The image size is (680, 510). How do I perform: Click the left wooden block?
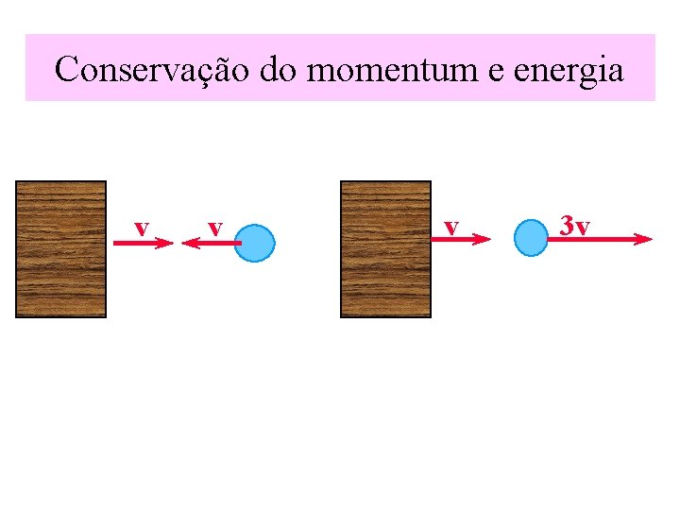pos(61,248)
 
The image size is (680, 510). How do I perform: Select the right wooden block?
pos(385,248)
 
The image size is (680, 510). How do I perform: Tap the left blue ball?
pos(254,243)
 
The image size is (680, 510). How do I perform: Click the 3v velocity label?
pos(574,226)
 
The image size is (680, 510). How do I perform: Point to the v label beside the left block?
pos(141,228)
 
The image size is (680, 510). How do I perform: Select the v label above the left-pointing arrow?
pos(215,228)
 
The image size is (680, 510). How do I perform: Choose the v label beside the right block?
pos(451,227)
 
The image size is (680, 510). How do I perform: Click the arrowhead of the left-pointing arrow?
pos(186,244)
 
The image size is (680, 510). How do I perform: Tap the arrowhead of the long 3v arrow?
pos(643,239)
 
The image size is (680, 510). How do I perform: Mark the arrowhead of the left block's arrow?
pos(166,244)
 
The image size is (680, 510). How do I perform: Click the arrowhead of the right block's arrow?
pos(484,240)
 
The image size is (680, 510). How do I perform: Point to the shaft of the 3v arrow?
pos(595,239)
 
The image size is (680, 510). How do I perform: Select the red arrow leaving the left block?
pos(142,244)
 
